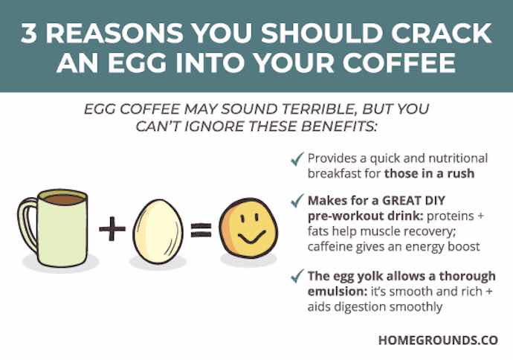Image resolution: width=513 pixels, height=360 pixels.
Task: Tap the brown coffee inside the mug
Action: pos(63,199)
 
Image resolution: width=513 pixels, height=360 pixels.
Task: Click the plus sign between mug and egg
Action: pos(112,228)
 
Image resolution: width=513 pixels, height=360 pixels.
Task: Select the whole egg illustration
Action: pos(158,232)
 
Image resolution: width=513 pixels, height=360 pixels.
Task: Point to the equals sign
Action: pos(201,230)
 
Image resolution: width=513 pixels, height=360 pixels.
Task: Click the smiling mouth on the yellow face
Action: pos(251,239)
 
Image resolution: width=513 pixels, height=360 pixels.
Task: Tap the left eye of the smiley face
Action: pos(242,218)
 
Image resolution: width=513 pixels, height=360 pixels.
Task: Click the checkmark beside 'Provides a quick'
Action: pos(297,159)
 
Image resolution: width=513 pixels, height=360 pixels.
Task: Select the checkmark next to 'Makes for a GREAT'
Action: pos(297,200)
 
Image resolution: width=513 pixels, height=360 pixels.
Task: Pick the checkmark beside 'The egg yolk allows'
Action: pos(297,276)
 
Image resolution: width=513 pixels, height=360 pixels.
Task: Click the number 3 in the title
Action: pos(29,33)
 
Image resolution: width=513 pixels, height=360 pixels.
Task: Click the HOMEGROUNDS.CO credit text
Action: pos(439,340)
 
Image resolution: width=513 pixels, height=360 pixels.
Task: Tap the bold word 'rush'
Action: pos(461,173)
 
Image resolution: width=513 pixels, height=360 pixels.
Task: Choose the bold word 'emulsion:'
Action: pos(338,292)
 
